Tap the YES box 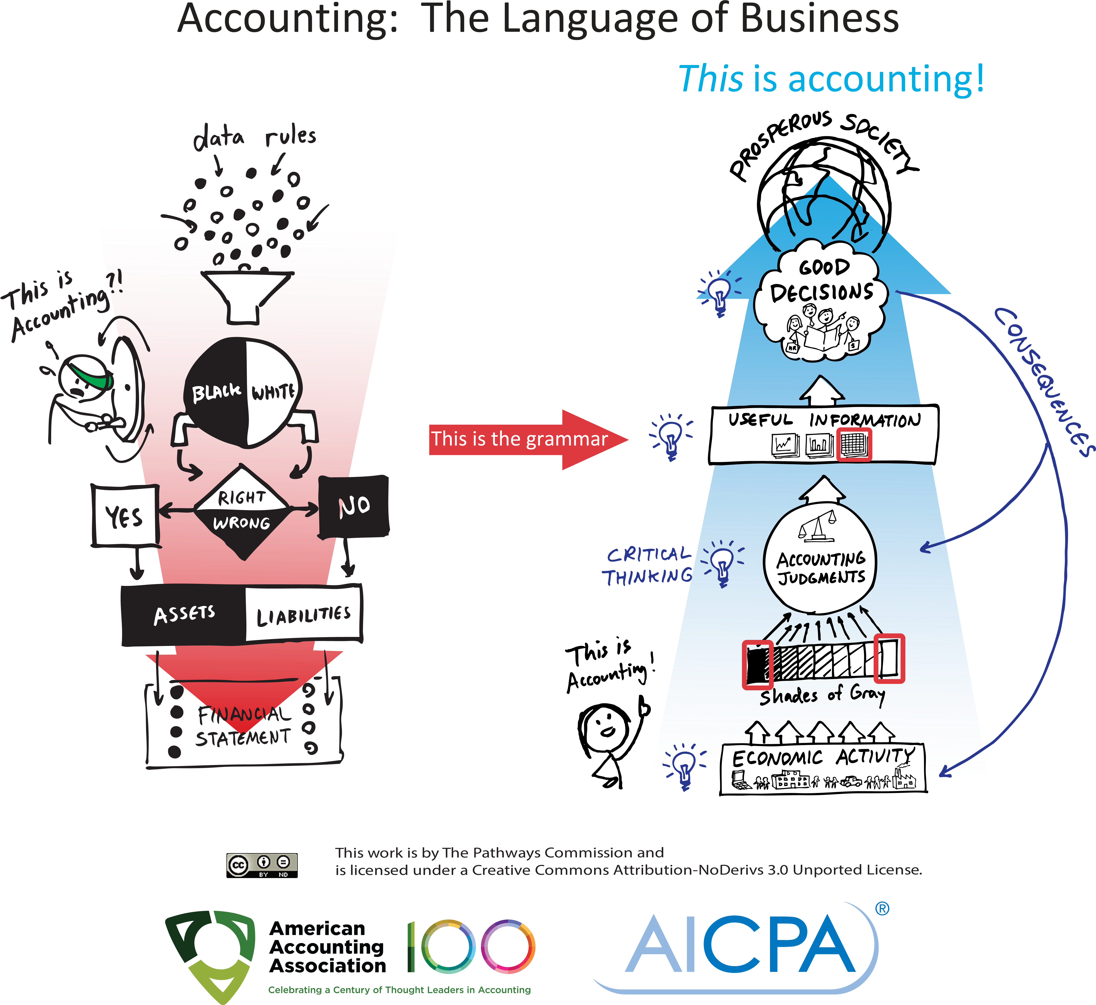pyautogui.click(x=125, y=516)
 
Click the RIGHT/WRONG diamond pyautogui.click(x=241, y=510)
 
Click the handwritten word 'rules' pyautogui.click(x=291, y=136)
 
